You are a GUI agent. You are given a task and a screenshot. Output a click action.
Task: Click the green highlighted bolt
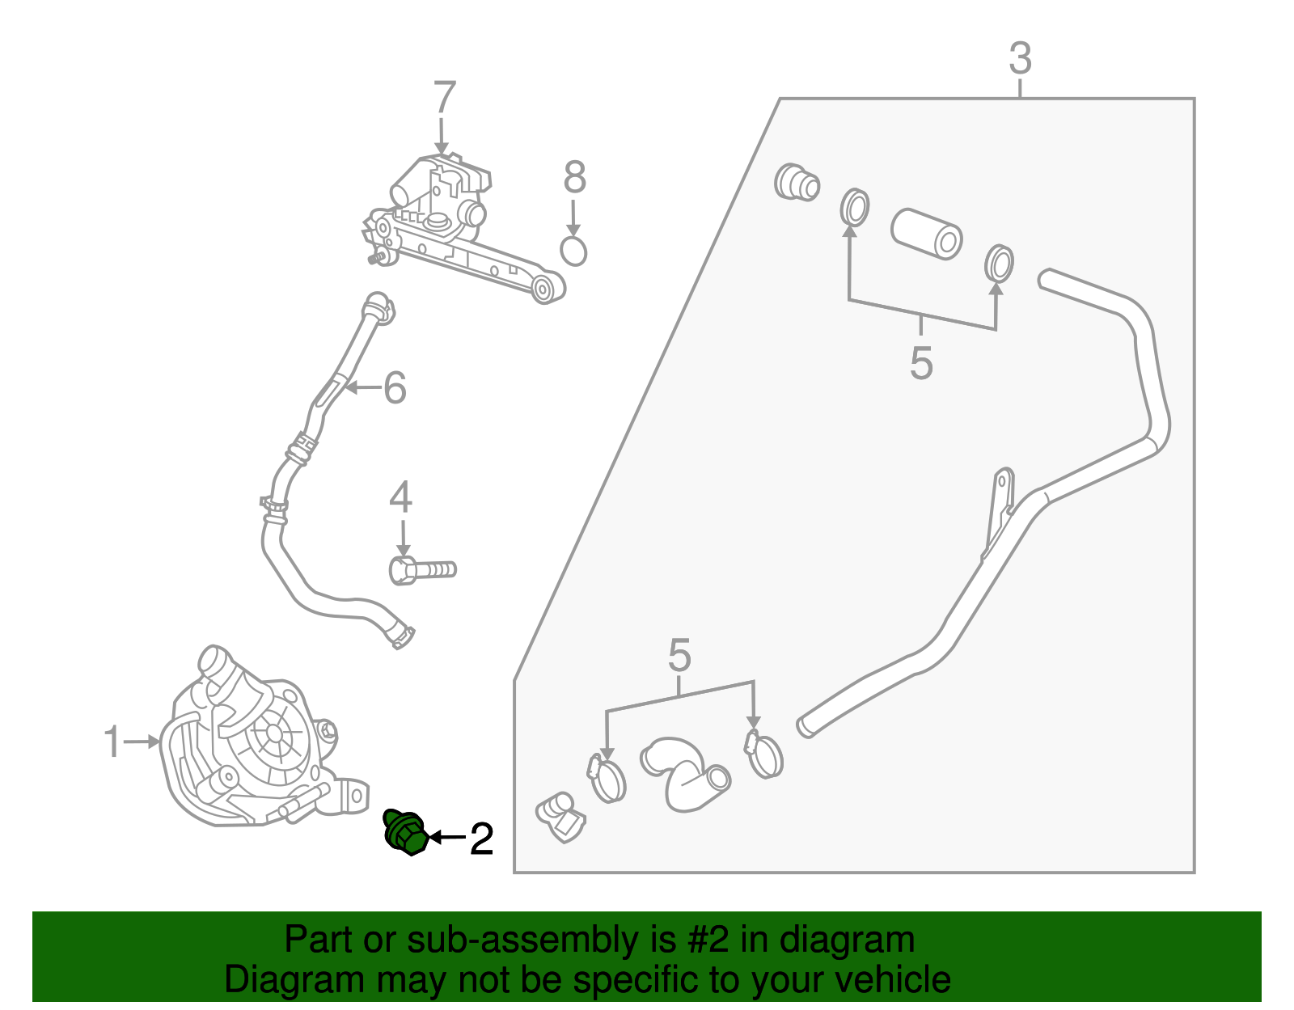point(406,833)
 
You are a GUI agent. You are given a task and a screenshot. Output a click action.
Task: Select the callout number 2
point(482,839)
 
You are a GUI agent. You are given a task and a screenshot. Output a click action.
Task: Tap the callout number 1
point(112,742)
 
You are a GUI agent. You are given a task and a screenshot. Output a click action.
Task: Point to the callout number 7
point(444,97)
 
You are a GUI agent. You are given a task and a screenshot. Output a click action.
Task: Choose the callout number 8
point(575,177)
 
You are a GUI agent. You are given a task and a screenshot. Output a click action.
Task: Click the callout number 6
point(395,387)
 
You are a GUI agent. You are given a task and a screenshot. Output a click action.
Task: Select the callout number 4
point(401,497)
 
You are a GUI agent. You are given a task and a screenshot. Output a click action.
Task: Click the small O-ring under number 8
point(573,251)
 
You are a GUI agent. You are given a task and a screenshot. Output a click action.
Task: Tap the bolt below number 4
point(422,571)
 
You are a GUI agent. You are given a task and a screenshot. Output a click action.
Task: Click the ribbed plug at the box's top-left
point(797,182)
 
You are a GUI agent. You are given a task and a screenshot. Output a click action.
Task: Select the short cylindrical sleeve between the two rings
point(927,234)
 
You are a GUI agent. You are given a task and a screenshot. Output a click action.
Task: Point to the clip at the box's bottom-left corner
point(560,818)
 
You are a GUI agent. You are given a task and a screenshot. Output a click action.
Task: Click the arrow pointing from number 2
point(446,838)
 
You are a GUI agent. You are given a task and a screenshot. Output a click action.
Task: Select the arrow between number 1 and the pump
point(142,742)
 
